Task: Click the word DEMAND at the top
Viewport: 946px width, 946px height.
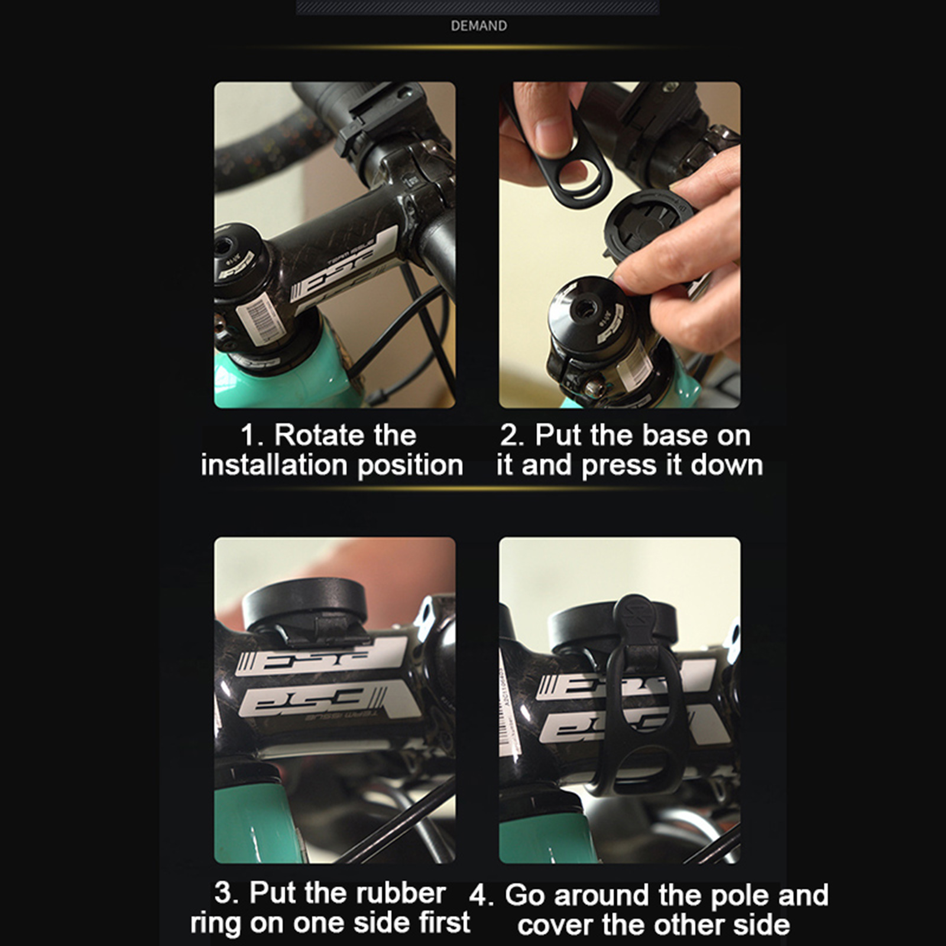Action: pos(478,26)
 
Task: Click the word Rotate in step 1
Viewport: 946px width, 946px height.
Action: pos(345,436)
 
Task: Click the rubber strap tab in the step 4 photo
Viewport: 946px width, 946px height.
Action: pos(637,618)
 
